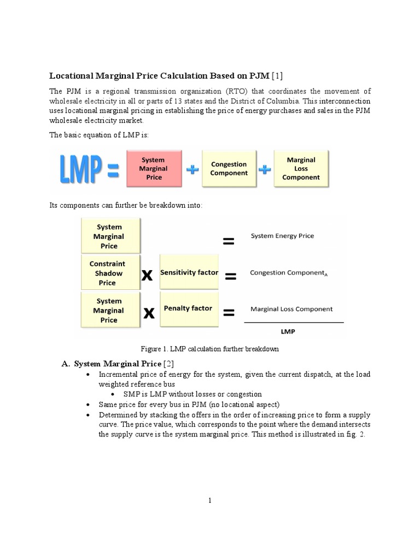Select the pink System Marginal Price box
coord(154,169)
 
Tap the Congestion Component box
coord(229,168)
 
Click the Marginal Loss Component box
coord(301,168)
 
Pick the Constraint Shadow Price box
coord(107,273)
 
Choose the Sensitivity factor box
coord(189,272)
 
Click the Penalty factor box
coord(188,308)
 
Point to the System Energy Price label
coord(282,236)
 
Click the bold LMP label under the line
coord(288,331)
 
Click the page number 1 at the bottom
coord(209,500)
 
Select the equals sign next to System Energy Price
coord(229,241)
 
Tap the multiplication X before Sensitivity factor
coord(147,276)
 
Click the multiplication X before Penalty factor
coord(148,313)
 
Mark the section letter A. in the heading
coord(66,364)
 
